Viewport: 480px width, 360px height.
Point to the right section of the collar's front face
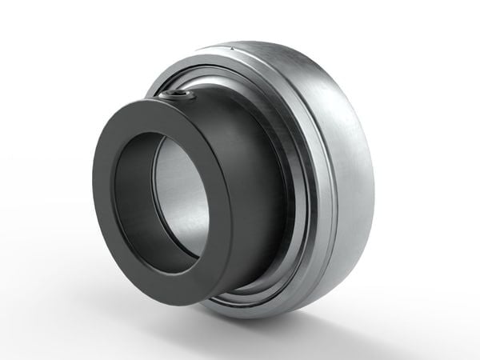220,200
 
